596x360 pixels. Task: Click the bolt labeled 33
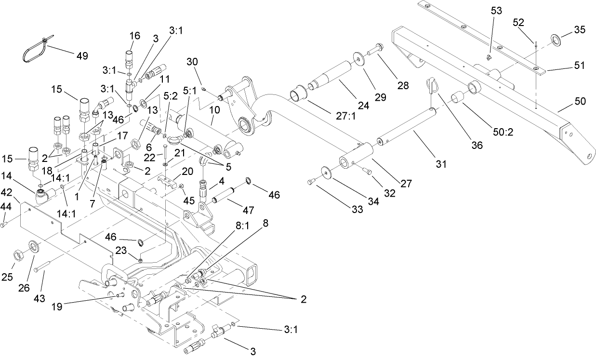click(311, 182)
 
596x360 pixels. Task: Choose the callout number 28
click(403, 86)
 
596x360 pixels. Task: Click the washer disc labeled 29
click(359, 58)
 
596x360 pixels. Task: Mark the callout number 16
click(134, 36)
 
